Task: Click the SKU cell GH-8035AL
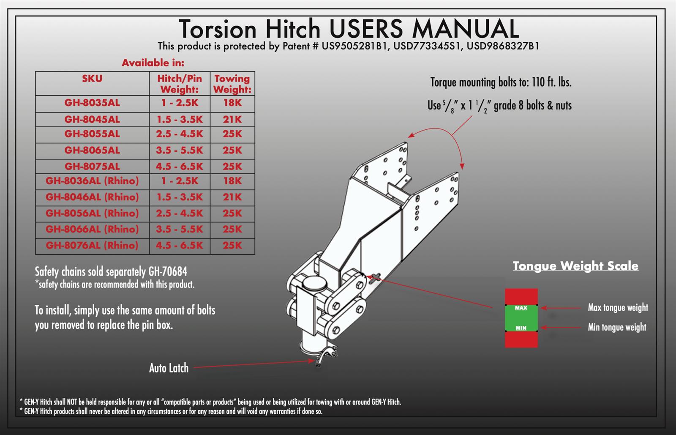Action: [x=92, y=103]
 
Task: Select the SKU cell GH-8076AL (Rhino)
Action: [x=92, y=246]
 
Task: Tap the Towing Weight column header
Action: [x=232, y=84]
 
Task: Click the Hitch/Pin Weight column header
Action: [x=180, y=84]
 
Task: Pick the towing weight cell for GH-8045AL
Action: [x=232, y=120]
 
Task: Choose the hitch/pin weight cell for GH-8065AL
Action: [x=180, y=150]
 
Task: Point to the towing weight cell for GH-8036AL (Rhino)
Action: [x=232, y=181]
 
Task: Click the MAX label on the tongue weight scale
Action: [x=521, y=308]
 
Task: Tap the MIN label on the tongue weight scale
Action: [x=521, y=328]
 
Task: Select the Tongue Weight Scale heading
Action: [x=575, y=266]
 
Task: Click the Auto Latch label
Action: [x=169, y=368]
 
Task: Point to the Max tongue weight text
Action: [x=618, y=307]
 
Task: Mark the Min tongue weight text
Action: [x=617, y=327]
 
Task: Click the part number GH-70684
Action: [x=168, y=271]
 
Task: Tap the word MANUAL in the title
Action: [x=465, y=29]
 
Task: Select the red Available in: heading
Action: [x=153, y=63]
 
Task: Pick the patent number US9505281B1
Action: [x=355, y=46]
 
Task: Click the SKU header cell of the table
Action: [x=92, y=79]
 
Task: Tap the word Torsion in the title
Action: [x=218, y=29]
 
